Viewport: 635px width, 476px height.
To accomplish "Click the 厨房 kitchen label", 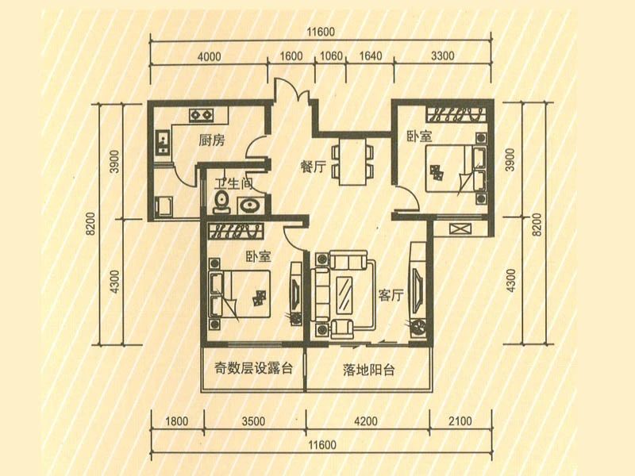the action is pyautogui.click(x=211, y=140).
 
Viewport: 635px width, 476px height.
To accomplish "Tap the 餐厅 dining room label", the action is pyautogui.click(x=313, y=167).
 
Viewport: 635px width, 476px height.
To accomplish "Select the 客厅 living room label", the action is pyautogui.click(x=391, y=294).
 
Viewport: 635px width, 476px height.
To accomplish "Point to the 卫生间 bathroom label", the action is pyautogui.click(x=233, y=184).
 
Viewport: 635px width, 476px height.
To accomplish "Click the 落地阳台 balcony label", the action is pyautogui.click(x=368, y=370).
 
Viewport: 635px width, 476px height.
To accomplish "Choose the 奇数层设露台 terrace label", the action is pyautogui.click(x=253, y=368).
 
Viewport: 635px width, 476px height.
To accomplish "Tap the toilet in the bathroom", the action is pyautogui.click(x=221, y=202).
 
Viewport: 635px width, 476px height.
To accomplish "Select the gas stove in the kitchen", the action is pyautogui.click(x=202, y=115).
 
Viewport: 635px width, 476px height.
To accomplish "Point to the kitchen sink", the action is pyautogui.click(x=163, y=142).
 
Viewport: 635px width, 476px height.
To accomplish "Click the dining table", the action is pyautogui.click(x=352, y=162).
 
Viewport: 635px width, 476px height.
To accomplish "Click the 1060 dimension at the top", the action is pyautogui.click(x=331, y=56).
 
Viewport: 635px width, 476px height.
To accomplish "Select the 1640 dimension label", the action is pyautogui.click(x=371, y=56).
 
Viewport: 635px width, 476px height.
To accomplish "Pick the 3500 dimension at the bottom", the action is pyautogui.click(x=253, y=421).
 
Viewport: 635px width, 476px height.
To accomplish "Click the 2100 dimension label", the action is pyautogui.click(x=460, y=421).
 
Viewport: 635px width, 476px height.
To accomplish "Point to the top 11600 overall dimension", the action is pyautogui.click(x=321, y=32).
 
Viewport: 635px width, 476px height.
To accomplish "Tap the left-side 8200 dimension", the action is pyautogui.click(x=90, y=224).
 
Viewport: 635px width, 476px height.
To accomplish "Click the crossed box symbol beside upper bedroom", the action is pyautogui.click(x=461, y=228).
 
